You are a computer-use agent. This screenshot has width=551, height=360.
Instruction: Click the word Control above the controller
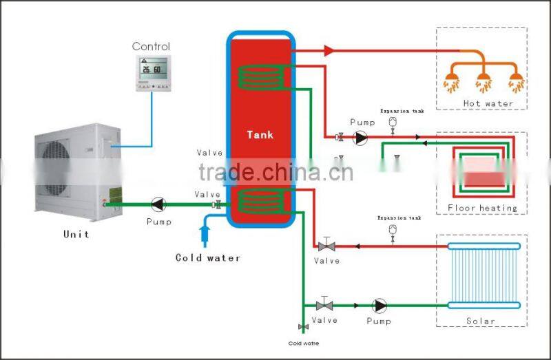[x=150, y=47]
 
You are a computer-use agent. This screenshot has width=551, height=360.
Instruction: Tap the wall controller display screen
[x=151, y=70]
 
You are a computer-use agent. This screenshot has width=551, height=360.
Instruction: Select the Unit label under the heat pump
[x=76, y=234]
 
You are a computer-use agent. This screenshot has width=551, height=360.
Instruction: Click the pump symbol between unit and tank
[x=158, y=204]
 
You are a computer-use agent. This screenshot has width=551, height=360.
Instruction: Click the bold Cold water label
[x=207, y=258]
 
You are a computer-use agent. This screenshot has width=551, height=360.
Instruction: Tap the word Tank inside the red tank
[x=260, y=134]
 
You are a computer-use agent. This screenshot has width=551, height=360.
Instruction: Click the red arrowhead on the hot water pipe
[x=329, y=50]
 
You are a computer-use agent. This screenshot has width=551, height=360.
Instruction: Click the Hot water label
[x=488, y=104]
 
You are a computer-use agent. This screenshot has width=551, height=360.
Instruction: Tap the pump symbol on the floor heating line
[x=360, y=138]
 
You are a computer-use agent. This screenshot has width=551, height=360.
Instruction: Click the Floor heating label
[x=482, y=208]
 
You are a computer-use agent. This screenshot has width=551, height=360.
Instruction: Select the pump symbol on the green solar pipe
[x=380, y=305]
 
